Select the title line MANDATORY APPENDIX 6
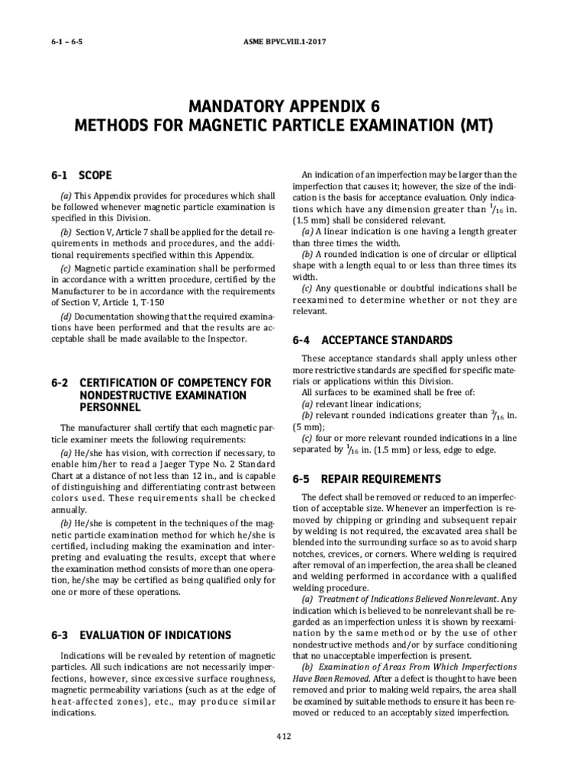point(293,104)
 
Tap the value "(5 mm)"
point(313,427)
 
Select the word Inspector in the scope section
point(225,338)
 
